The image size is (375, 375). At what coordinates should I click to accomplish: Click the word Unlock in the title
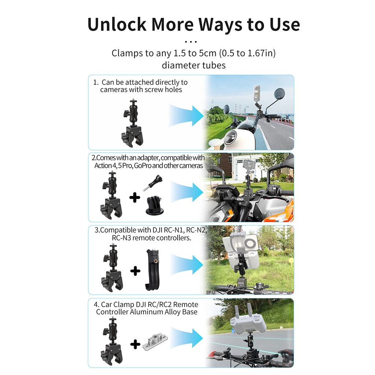(x=117, y=24)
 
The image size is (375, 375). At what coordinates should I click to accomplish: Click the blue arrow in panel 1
(x=186, y=115)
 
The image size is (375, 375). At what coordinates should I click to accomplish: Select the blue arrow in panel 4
(x=186, y=338)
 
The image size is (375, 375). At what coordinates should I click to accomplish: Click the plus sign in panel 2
(x=135, y=197)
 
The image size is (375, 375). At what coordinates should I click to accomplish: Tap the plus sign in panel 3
(x=135, y=271)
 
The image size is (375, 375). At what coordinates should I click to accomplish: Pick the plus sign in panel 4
(x=135, y=344)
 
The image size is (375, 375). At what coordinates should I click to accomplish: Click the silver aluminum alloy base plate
(x=155, y=343)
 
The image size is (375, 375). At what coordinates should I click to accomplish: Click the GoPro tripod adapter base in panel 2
(x=155, y=205)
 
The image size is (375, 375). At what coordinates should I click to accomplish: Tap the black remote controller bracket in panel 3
(x=153, y=270)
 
